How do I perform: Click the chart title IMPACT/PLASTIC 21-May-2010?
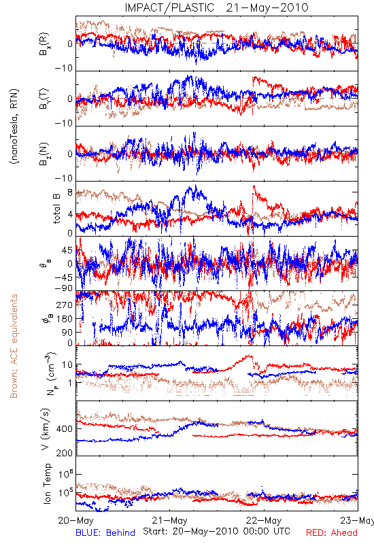(x=216, y=7)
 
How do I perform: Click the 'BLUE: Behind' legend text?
(x=105, y=532)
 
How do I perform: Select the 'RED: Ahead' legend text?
(x=332, y=532)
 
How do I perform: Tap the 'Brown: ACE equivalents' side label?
(x=14, y=346)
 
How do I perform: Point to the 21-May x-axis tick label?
(x=169, y=520)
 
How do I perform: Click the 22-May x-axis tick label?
(x=264, y=520)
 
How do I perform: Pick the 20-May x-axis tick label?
(x=75, y=520)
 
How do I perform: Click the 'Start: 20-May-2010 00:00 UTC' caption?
(x=216, y=531)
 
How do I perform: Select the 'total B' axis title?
(x=56, y=208)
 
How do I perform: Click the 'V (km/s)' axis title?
(x=46, y=429)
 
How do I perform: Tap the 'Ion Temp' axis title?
(x=47, y=483)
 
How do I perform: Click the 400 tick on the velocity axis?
(x=65, y=428)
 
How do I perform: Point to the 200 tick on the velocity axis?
(x=65, y=453)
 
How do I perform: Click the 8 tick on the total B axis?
(x=70, y=192)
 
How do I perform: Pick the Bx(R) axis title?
(x=44, y=44)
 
